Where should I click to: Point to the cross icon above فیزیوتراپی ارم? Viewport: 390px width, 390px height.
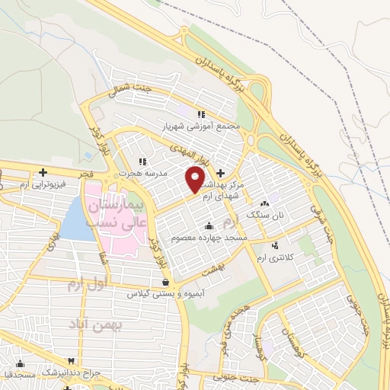43,172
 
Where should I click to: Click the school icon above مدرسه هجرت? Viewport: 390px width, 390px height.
142,161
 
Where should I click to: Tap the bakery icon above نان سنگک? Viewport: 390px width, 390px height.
264,203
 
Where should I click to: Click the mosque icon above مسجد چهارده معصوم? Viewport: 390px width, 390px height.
209,226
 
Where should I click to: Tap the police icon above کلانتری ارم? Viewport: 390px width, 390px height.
275,246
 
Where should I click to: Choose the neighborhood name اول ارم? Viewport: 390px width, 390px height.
84,286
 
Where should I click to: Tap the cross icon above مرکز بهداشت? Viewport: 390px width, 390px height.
221,173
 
